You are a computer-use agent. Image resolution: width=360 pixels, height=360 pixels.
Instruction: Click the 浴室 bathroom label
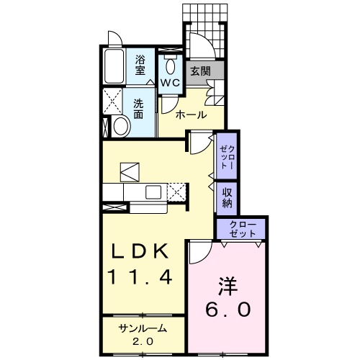point(141,66)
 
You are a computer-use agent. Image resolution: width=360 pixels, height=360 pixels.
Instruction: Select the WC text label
point(170,83)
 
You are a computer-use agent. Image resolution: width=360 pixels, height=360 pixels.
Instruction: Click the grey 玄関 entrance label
point(200,71)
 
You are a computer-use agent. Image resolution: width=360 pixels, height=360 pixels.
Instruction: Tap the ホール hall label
point(192,114)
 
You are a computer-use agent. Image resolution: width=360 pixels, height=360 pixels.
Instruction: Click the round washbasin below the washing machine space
point(120,127)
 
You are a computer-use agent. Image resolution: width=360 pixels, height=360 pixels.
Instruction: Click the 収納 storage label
point(227,197)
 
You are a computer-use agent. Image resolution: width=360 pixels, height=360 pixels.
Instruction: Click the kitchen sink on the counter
point(153,192)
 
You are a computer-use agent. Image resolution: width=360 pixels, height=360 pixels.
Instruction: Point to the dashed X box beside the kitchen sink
point(177,192)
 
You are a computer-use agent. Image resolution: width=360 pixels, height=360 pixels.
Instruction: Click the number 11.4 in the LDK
point(141,276)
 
